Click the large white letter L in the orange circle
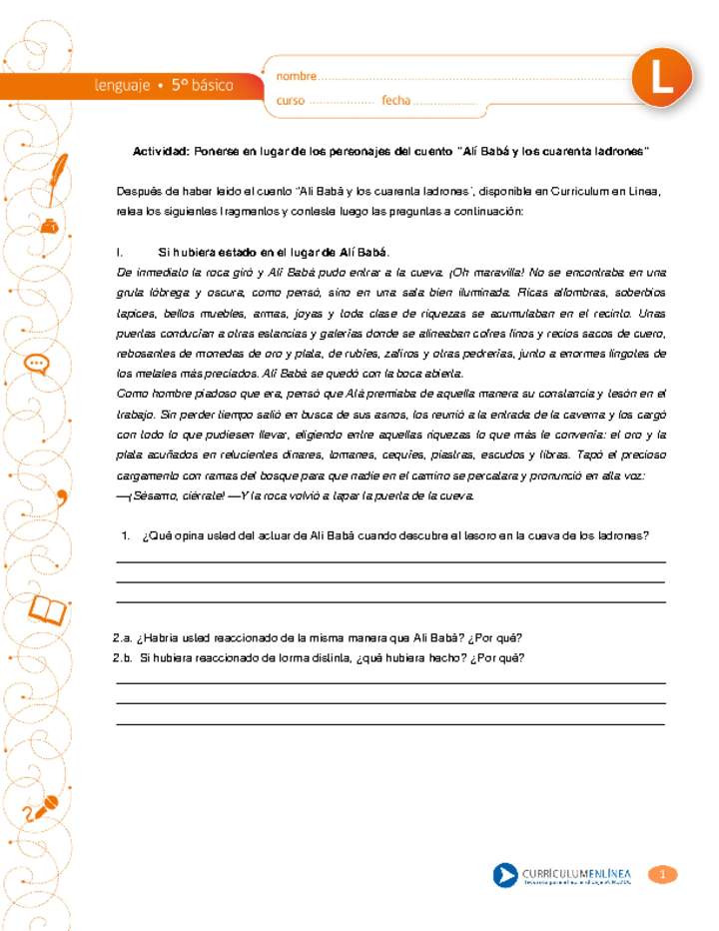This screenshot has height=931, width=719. point(662,81)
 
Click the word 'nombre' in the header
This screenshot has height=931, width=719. point(296,76)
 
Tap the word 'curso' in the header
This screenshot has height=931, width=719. point(291,101)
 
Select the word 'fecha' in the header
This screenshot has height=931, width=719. point(395,101)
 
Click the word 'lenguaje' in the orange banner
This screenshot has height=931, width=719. point(123,86)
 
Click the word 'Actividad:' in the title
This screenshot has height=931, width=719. point(161,151)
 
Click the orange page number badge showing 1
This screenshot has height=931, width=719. point(663,875)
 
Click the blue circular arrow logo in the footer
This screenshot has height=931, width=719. point(505,876)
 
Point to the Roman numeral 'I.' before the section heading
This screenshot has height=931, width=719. point(120,251)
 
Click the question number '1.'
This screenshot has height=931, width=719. point(126,535)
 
